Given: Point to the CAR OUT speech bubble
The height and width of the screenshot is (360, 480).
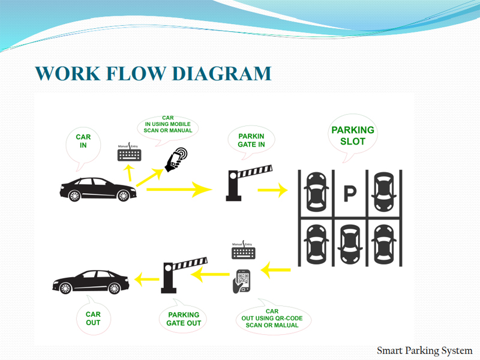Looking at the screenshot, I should pos(93,318).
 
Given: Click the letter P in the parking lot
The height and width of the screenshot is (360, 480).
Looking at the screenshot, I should pos(349,193).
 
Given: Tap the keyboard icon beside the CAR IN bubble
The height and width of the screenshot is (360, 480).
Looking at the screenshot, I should pos(130,154).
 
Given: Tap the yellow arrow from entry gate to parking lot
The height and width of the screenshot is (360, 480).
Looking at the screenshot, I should pos(272,190).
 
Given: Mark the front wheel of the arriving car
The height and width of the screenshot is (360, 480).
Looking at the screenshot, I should pos(123,195).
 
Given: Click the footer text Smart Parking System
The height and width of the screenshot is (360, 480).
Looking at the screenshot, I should pos(424,350).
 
